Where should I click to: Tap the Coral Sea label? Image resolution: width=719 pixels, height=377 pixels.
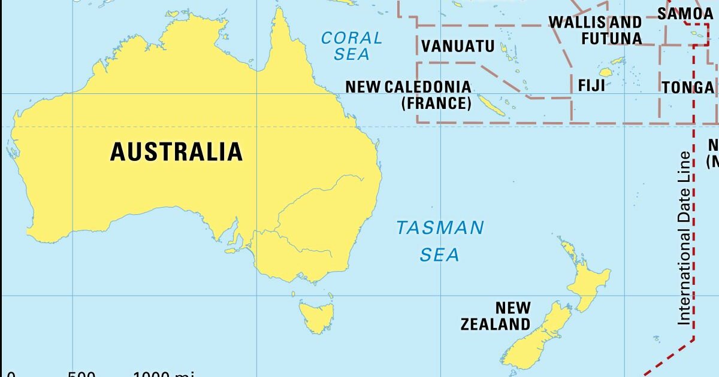(351, 45)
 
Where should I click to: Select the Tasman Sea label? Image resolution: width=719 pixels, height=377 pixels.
(440, 241)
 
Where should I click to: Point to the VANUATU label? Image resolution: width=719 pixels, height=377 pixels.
(458, 46)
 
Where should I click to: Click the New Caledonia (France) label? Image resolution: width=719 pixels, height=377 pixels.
(408, 95)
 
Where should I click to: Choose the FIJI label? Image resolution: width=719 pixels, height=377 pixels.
(591, 85)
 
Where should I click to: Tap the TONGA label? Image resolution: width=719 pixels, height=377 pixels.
(688, 87)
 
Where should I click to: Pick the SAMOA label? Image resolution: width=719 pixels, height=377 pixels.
(685, 13)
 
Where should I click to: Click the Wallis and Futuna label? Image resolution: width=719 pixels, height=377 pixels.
(595, 31)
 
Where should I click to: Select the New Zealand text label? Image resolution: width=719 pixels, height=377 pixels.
(496, 316)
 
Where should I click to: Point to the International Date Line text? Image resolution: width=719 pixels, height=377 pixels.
(684, 238)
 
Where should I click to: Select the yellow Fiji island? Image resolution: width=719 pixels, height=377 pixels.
(606, 72)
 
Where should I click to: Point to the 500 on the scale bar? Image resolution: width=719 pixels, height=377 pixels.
(82, 374)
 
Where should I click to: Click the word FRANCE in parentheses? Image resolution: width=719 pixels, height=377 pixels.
(436, 103)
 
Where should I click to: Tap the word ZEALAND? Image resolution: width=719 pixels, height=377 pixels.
(496, 324)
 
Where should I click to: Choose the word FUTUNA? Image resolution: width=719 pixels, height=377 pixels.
(611, 38)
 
